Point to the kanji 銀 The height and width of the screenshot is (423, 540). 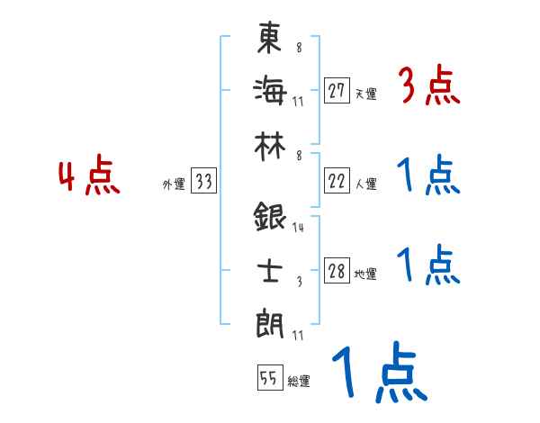click(270, 218)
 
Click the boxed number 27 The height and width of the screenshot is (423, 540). click(337, 91)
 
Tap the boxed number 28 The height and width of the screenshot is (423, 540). click(337, 271)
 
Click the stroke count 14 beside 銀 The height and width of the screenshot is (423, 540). click(298, 228)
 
